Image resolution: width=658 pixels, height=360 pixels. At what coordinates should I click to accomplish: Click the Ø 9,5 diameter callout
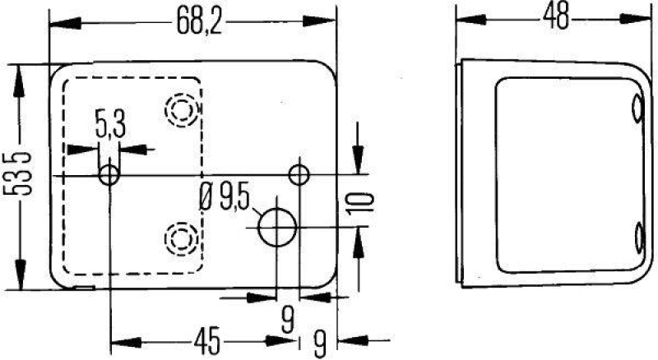(224, 197)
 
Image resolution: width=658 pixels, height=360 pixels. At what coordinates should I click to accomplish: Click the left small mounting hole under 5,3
(109, 174)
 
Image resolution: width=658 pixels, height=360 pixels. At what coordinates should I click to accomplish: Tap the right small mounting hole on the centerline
(299, 174)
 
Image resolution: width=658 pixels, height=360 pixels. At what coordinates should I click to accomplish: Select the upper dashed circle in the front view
(181, 108)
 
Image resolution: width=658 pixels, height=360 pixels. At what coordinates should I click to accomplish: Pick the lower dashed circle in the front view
(180, 239)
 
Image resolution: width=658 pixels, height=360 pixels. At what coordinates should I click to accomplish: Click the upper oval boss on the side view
(638, 110)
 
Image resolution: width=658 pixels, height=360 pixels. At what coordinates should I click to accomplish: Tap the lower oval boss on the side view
(638, 239)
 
